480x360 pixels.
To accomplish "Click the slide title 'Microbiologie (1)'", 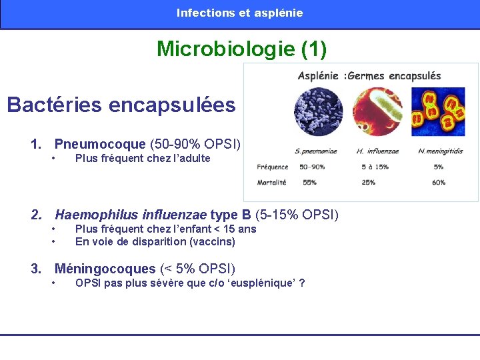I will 241,49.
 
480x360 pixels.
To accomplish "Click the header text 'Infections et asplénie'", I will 239,13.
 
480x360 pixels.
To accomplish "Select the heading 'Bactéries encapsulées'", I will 121,105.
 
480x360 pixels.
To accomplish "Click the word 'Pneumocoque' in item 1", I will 100,144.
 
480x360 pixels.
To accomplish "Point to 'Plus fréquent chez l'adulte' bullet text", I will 143,159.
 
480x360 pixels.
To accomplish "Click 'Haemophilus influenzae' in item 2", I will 131,215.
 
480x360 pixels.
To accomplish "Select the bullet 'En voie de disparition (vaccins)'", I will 155,241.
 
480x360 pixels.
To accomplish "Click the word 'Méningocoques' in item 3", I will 105,269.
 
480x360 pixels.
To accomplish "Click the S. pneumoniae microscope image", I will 318,111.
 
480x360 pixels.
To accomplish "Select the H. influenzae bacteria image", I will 377,111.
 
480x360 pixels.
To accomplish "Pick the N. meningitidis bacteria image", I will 437,111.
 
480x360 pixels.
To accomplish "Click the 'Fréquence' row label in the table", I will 273,167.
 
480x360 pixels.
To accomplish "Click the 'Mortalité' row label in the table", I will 272,182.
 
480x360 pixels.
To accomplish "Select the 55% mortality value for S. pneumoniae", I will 309,182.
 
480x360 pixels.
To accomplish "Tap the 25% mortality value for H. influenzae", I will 368,182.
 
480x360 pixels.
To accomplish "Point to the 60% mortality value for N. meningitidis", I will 438,182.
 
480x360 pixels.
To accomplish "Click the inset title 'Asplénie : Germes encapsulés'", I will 369,75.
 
